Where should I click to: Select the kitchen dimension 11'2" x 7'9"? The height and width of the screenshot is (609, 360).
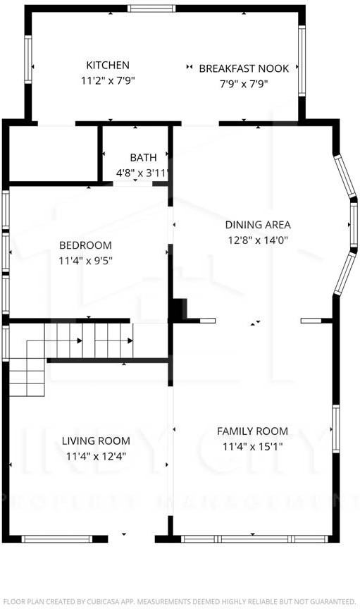pyautogui.click(x=107, y=81)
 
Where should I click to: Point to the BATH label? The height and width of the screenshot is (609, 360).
pyautogui.click(x=142, y=157)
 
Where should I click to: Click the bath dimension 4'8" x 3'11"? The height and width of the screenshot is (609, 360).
pyautogui.click(x=144, y=173)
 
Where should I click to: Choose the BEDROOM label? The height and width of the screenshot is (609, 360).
pyautogui.click(x=85, y=245)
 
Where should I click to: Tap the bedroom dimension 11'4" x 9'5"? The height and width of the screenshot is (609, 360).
pyautogui.click(x=85, y=260)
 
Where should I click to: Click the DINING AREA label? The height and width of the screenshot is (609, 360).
pyautogui.click(x=258, y=225)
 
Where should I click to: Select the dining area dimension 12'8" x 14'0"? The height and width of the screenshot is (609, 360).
pyautogui.click(x=258, y=240)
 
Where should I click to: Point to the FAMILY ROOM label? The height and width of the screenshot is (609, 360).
pyautogui.click(x=252, y=431)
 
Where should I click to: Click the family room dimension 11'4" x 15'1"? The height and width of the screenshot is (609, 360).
pyautogui.click(x=252, y=446)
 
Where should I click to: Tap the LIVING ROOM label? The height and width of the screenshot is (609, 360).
pyautogui.click(x=96, y=441)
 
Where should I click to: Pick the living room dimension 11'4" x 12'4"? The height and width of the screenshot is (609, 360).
pyautogui.click(x=96, y=456)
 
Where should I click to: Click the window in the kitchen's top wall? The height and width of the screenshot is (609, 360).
pyautogui.click(x=151, y=8)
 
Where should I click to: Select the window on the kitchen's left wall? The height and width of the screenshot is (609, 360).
pyautogui.click(x=28, y=63)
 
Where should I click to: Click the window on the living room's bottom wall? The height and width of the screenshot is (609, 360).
pyautogui.click(x=57, y=539)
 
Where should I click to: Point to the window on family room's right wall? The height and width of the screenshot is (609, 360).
pyautogui.click(x=336, y=429)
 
